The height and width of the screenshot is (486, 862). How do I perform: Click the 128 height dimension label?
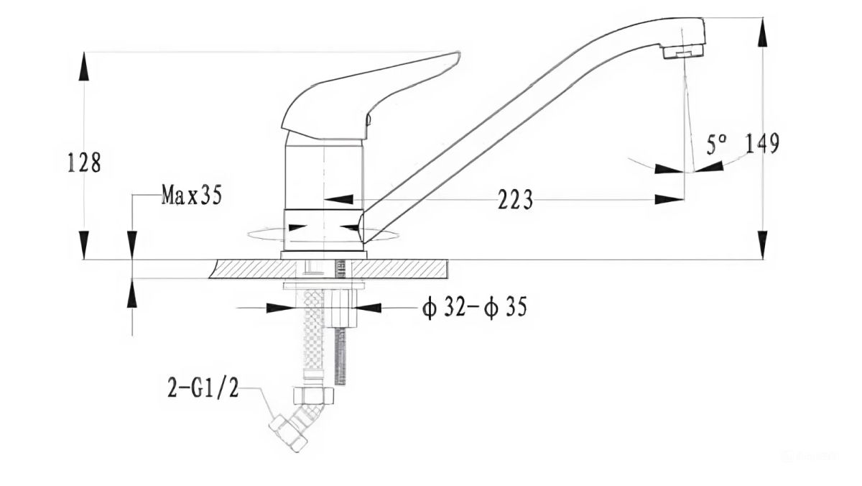84,162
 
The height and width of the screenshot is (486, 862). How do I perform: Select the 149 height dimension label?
763,143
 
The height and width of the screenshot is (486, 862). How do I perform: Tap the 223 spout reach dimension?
515,199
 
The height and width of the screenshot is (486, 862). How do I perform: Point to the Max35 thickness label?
191,195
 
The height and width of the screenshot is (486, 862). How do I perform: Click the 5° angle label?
716,145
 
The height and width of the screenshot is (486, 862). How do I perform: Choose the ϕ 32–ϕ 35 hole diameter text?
475,308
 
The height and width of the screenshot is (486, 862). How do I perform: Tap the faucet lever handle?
371,96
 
